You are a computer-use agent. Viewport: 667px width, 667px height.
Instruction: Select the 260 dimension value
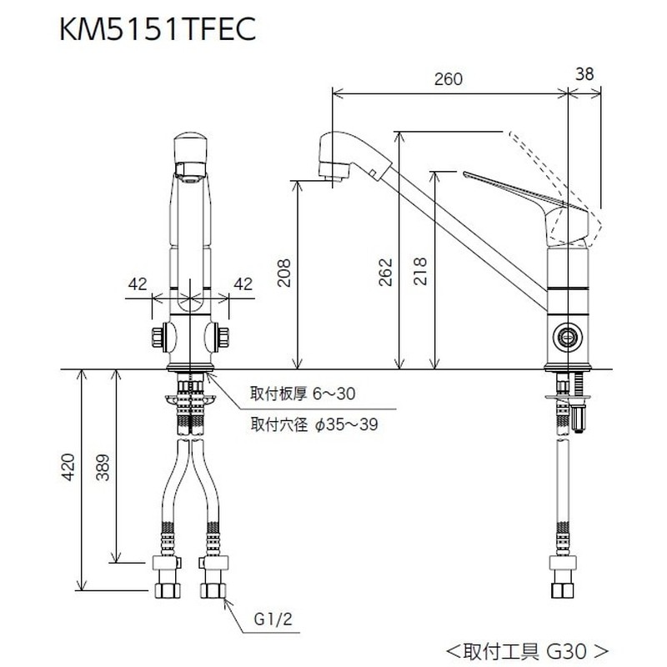(449, 79)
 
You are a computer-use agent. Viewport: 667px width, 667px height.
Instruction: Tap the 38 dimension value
(585, 73)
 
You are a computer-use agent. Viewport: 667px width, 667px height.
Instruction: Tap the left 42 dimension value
(138, 283)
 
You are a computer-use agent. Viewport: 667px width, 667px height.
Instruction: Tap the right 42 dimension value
(243, 283)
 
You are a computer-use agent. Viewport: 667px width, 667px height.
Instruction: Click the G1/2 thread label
(268, 620)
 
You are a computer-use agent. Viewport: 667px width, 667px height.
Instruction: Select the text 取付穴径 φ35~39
(314, 424)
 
